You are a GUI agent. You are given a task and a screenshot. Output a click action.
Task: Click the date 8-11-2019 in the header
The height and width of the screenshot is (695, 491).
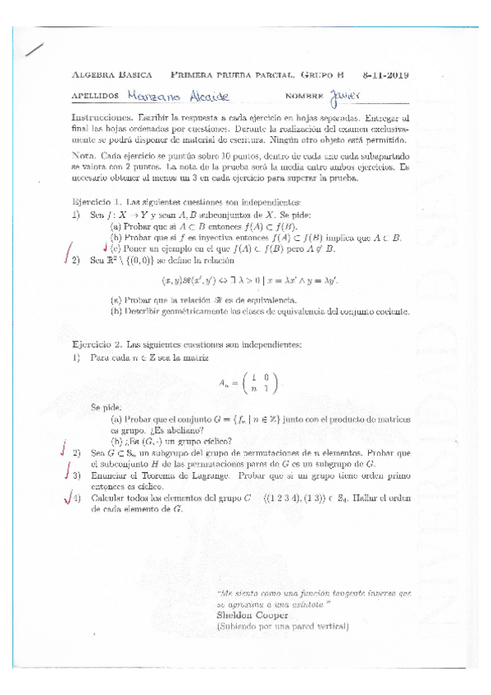tap(386, 75)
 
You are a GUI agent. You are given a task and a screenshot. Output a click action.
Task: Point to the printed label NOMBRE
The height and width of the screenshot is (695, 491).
tap(302, 96)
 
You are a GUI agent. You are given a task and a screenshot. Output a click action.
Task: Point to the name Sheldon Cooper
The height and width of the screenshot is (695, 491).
tap(252, 614)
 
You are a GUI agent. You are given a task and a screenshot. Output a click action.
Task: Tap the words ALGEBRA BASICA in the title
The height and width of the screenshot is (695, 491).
tap(109, 75)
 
